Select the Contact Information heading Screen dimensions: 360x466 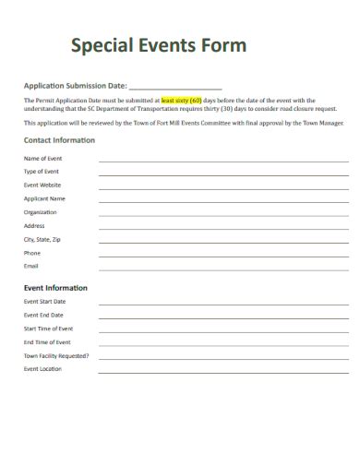click(58, 140)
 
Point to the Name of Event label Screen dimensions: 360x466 click(42, 159)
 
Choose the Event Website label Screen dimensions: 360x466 click(42, 185)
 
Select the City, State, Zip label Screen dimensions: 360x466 click(42, 239)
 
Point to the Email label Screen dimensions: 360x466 click(31, 266)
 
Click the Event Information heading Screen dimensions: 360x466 click(55, 288)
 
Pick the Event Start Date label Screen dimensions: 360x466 click(44, 302)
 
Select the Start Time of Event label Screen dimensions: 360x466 click(48, 329)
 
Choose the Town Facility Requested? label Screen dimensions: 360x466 click(56, 355)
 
